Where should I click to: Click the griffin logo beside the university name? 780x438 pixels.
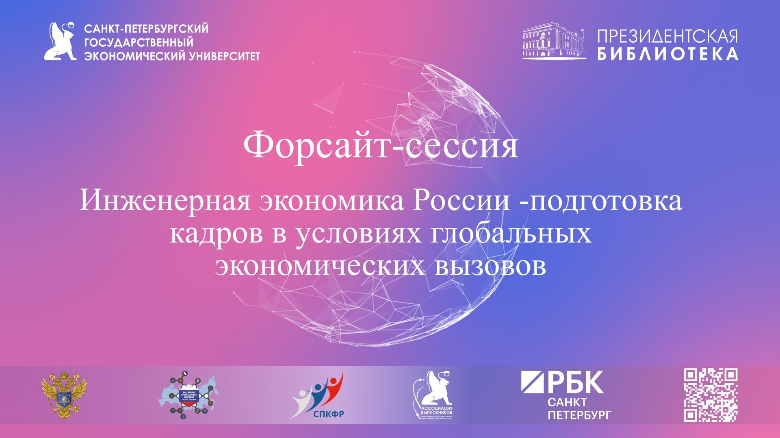pos(61,42)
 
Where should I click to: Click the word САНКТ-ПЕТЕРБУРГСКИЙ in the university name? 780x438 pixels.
pos(146,29)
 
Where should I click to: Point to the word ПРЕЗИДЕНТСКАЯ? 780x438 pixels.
pos(667,36)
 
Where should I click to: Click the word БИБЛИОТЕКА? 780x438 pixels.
pos(667,54)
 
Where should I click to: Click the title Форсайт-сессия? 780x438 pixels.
pos(381,145)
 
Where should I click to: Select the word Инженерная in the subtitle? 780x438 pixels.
pos(165,200)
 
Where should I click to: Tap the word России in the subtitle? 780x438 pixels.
pos(461,200)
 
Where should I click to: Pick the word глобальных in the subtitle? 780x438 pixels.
pos(511,233)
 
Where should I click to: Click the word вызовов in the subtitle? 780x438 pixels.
pos(490,266)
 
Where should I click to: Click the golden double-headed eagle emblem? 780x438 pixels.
pos(64,394)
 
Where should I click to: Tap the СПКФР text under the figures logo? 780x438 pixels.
pos(329,414)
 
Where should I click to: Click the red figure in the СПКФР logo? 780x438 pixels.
pos(335,385)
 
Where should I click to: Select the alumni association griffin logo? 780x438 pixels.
pos(433,395)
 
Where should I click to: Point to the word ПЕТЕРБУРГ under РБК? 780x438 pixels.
pos(579,415)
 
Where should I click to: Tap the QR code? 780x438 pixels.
pos(711,395)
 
